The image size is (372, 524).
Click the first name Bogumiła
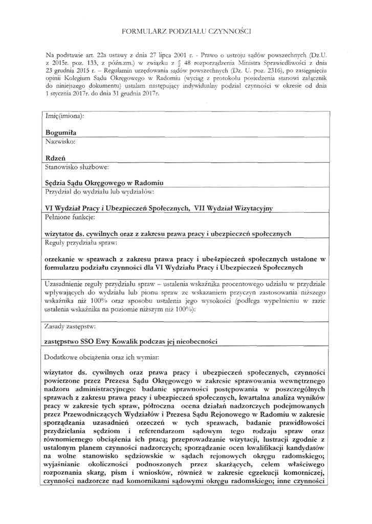tap(61, 132)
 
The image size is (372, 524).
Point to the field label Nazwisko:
tap(60, 140)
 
